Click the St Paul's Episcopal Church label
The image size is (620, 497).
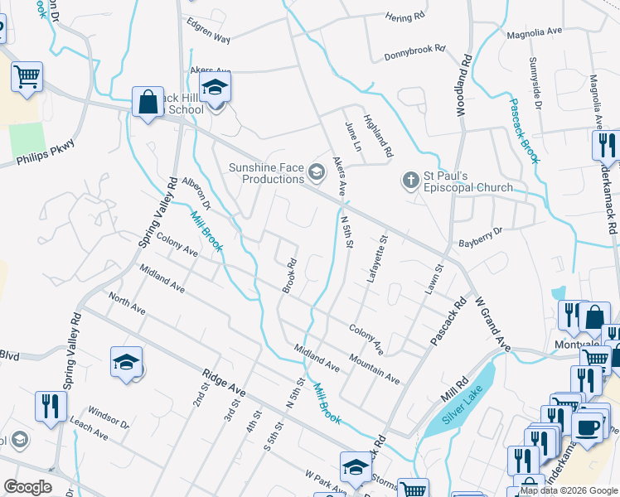[x=468, y=181]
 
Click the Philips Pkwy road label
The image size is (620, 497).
[x=45, y=154]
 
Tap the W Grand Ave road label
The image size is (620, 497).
[x=492, y=318]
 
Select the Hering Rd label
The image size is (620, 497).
[x=406, y=16]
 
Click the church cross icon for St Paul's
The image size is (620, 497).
[x=409, y=180]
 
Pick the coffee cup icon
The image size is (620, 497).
[x=587, y=427]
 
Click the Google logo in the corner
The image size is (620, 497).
[x=28, y=487]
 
